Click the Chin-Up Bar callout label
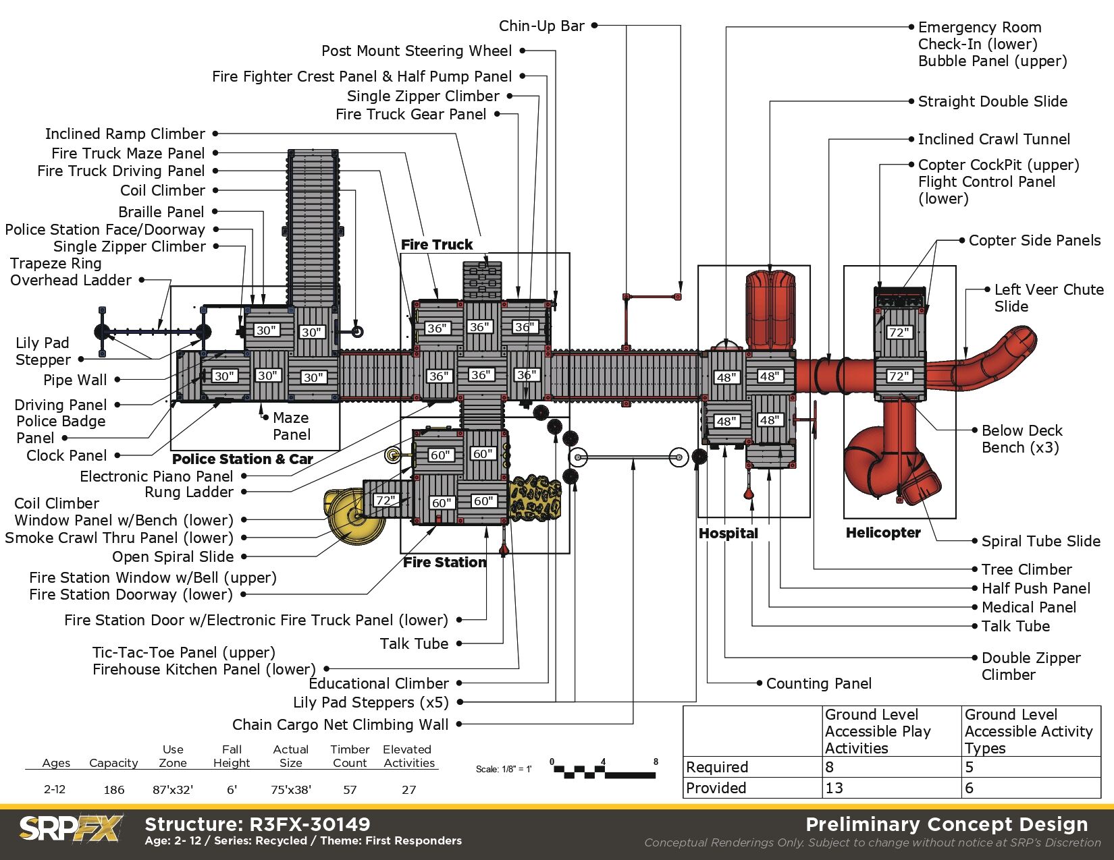tap(541, 26)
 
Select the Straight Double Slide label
tap(992, 102)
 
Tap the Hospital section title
tap(728, 534)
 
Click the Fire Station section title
tap(444, 563)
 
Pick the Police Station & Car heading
tap(242, 459)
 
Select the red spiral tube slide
tap(884, 459)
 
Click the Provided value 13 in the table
tap(834, 788)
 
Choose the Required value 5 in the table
tap(970, 767)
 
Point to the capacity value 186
tap(113, 790)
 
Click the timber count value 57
tap(350, 790)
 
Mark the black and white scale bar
tap(604, 771)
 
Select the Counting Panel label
tap(818, 684)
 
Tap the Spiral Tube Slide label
tap(1040, 541)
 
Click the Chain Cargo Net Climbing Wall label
tap(340, 725)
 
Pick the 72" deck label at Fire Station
tap(386, 500)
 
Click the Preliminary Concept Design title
tap(947, 824)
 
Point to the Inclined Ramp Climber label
tap(125, 134)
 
